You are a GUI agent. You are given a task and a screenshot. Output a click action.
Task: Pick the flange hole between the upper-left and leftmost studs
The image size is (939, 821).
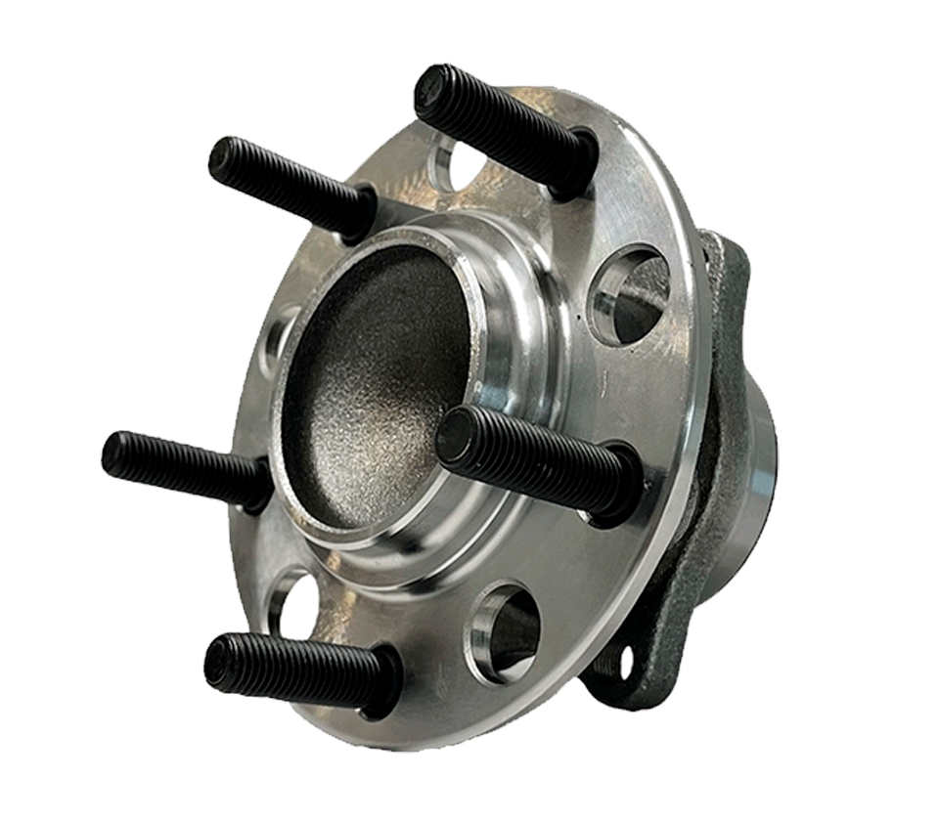280,337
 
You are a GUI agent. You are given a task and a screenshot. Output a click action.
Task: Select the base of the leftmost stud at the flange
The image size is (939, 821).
257,483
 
